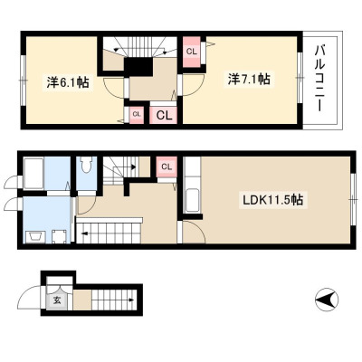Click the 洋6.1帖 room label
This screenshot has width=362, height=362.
(x=68, y=82)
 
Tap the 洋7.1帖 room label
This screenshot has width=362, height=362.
(x=249, y=80)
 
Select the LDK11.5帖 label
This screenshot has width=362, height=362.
(x=273, y=200)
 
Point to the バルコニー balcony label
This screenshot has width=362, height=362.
(x=319, y=80)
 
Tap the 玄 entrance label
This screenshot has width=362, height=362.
(x=57, y=300)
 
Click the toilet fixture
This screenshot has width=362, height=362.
(x=86, y=165)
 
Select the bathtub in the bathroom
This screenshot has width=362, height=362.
(x=33, y=174)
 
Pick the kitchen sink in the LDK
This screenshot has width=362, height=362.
(x=192, y=200)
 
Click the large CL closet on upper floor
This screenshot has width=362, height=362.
(x=163, y=115)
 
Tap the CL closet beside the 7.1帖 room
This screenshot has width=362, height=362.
(x=191, y=52)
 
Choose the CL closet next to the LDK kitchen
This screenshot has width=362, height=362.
(x=167, y=167)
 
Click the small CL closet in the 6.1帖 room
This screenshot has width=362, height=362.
(x=137, y=115)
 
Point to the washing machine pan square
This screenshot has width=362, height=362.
(x=59, y=236)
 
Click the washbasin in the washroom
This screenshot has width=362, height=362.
(x=34, y=237)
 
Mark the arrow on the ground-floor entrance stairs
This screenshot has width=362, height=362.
(x=129, y=300)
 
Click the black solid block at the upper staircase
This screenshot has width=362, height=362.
(x=138, y=67)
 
